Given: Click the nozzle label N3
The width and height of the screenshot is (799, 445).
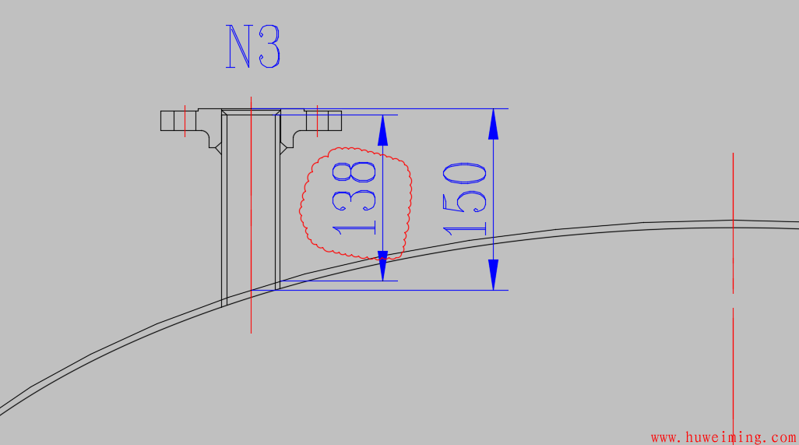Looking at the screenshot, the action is tap(253, 47).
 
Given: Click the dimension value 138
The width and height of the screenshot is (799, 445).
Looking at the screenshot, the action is tap(354, 198).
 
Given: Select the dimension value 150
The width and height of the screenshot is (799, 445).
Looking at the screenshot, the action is tap(464, 200).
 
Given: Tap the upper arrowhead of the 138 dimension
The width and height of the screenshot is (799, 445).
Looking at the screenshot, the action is tap(382, 130).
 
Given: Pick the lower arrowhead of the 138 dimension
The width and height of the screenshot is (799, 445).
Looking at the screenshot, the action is tap(382, 266).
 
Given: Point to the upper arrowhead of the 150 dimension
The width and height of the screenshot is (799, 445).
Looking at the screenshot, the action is tap(493, 125).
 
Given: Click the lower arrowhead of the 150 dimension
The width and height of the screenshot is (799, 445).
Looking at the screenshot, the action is tap(493, 275).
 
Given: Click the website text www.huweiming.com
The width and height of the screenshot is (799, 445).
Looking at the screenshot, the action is tap(723, 437).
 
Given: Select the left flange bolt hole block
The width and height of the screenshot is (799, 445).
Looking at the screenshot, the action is tap(178, 121).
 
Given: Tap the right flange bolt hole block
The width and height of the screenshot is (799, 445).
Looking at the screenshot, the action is tap(324, 121).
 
